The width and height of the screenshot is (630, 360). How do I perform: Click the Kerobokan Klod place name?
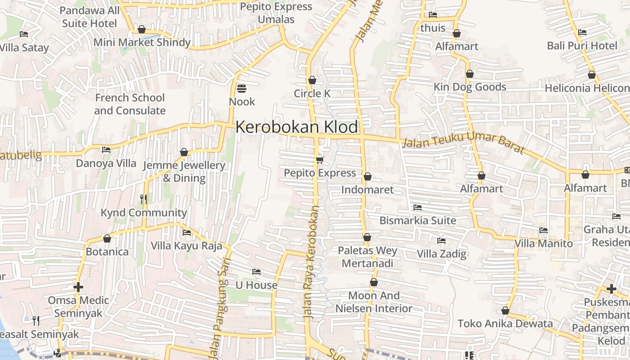[x=297, y=127]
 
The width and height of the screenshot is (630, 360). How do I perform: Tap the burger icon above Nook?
[x=242, y=88]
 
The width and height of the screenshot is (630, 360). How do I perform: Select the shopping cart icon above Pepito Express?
[x=320, y=160]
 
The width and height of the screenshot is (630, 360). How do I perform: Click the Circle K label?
[x=312, y=94]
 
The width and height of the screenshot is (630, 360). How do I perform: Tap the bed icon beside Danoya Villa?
[x=106, y=150]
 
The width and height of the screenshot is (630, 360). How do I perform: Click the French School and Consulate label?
[x=130, y=104]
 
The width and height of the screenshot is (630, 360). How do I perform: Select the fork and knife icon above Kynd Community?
[x=144, y=199]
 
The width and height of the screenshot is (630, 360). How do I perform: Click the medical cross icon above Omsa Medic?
[x=78, y=287]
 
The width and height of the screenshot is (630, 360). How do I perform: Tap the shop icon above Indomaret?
[x=367, y=176]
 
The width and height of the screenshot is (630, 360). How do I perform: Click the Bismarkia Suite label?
[x=418, y=220]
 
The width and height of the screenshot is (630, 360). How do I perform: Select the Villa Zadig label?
[x=441, y=254]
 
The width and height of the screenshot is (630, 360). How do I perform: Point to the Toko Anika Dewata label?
[x=505, y=324]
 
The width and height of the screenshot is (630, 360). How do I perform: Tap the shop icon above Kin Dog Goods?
[x=470, y=74]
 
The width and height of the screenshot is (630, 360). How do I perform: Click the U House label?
[x=256, y=285]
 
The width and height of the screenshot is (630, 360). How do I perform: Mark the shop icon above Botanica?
[x=107, y=238]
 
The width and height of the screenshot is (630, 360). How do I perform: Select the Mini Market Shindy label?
[x=142, y=42]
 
